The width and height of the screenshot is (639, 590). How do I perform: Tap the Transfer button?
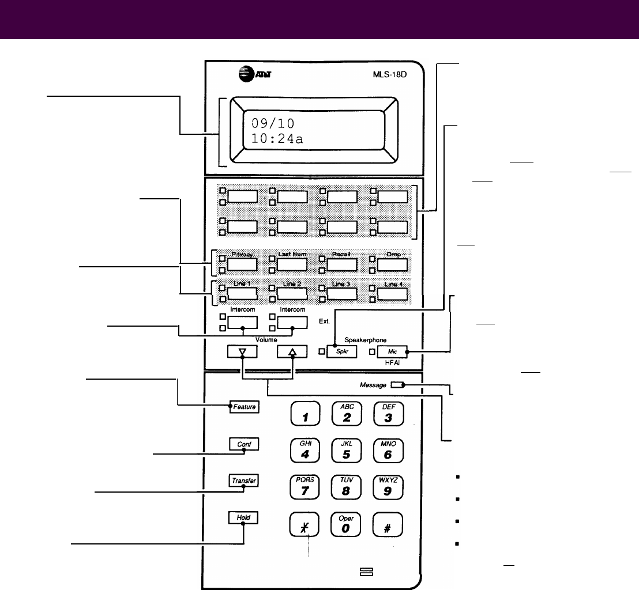coord(243,481)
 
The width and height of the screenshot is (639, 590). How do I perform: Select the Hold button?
coord(243,517)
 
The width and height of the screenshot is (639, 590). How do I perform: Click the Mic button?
coord(392,350)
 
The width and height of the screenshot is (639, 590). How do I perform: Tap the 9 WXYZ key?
coord(388,488)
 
